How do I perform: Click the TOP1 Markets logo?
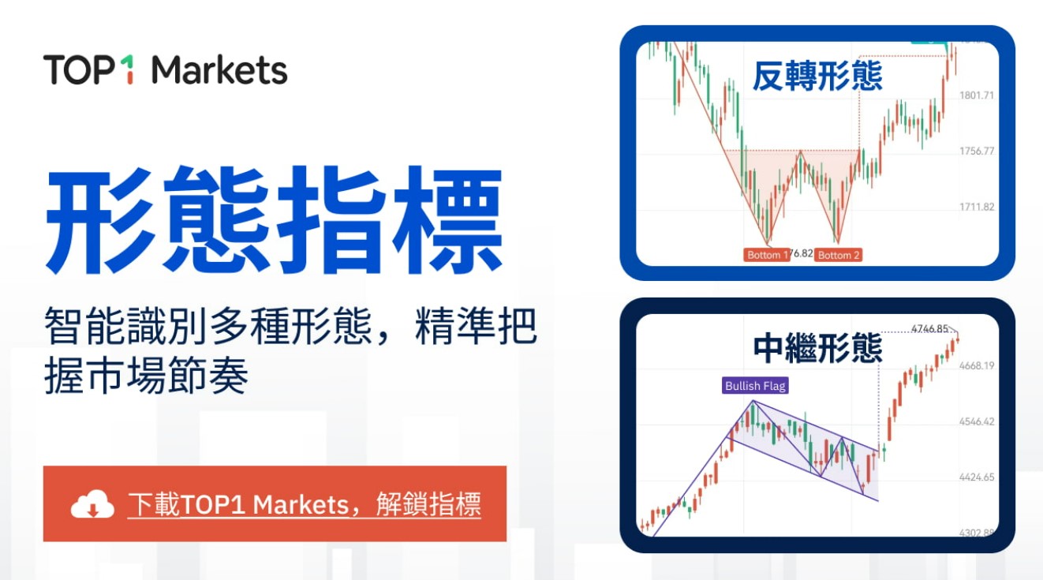tap(165, 70)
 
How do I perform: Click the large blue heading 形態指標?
tap(274, 220)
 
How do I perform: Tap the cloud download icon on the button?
tap(93, 504)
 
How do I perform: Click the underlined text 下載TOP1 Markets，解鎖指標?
tap(304, 504)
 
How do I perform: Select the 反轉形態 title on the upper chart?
tap(817, 77)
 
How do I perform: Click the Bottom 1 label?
tap(764, 255)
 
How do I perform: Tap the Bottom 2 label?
tap(838, 255)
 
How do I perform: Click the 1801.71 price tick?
tap(976, 95)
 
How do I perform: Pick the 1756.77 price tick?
tap(976, 151)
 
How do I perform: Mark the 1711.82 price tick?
tap(976, 207)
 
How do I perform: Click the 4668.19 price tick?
tap(976, 365)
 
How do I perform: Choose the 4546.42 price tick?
tap(976, 421)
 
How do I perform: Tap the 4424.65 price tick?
tap(976, 477)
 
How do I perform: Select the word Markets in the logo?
tap(219, 70)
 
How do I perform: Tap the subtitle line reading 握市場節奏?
tap(147, 378)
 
